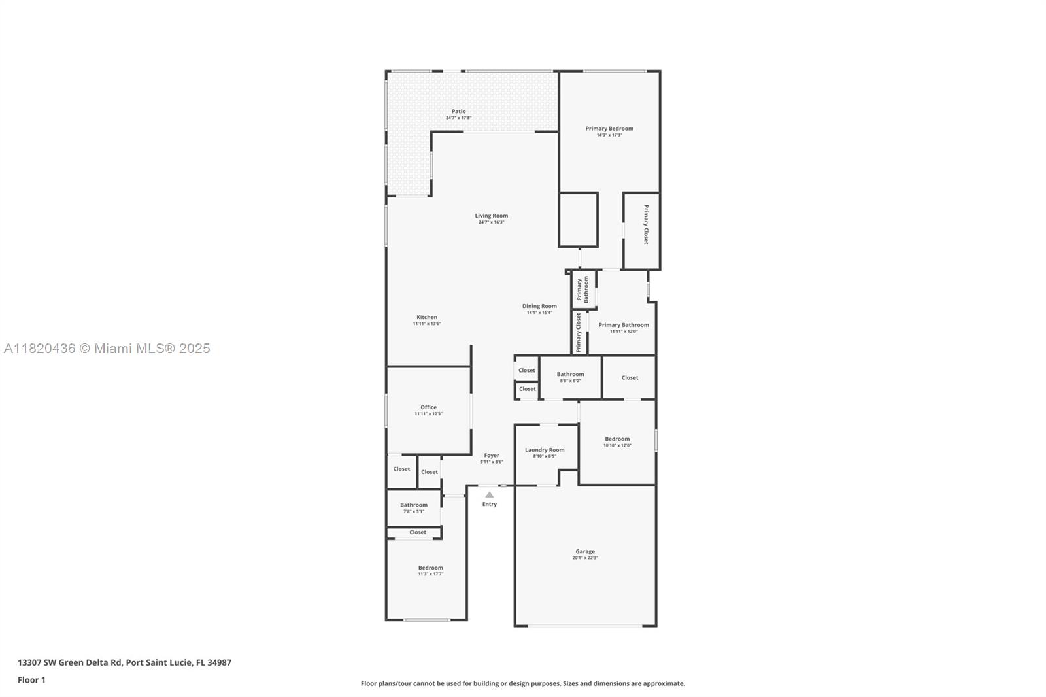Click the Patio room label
(458, 112)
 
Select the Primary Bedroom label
(609, 129)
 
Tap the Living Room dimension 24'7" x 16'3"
(491, 222)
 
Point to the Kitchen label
(427, 317)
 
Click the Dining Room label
(539, 306)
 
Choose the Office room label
(428, 407)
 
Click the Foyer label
(491, 456)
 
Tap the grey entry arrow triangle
(490, 494)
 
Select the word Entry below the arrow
(490, 504)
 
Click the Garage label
(585, 551)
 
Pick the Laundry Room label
(545, 450)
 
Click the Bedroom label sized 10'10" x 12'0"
(617, 439)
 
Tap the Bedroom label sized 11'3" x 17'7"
(431, 568)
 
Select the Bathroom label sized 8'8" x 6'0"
(570, 374)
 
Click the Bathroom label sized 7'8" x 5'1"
(414, 505)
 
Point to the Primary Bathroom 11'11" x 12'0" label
(624, 325)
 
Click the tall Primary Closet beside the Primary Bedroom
(645, 225)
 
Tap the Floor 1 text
(31, 680)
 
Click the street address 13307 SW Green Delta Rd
(124, 662)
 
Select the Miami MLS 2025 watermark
(107, 348)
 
